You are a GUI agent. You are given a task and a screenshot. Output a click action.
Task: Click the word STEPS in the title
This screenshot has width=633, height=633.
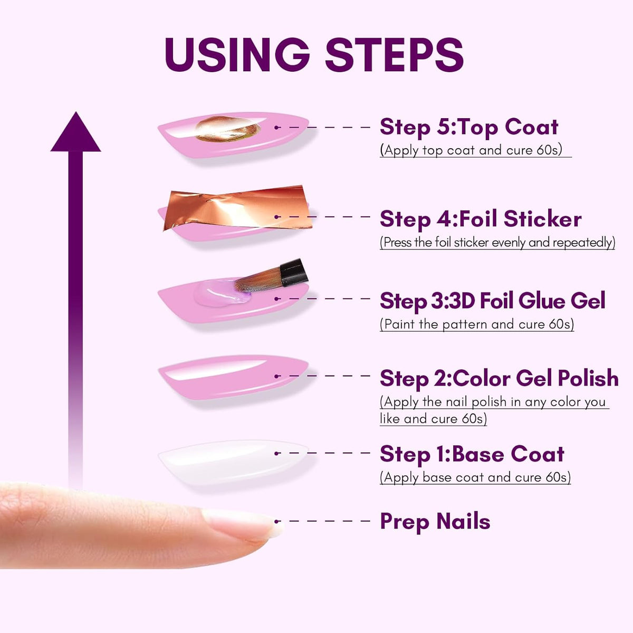click(394, 54)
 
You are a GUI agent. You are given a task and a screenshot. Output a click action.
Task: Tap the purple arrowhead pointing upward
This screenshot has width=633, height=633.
click(75, 132)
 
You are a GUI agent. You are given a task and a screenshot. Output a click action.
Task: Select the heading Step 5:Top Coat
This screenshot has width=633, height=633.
click(469, 128)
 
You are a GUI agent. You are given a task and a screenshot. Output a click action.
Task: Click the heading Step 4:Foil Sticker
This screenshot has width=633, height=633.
click(481, 219)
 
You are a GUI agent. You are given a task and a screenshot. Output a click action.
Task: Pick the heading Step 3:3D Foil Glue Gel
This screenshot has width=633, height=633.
click(492, 301)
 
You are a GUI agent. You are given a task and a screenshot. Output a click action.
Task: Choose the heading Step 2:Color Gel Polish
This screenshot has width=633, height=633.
click(499, 378)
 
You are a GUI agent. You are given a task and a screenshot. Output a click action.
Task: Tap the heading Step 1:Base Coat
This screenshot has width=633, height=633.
click(472, 454)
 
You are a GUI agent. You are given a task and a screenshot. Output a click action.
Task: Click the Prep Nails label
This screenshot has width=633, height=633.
click(435, 523)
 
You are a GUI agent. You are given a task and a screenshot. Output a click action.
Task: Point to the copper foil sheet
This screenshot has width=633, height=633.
click(237, 208)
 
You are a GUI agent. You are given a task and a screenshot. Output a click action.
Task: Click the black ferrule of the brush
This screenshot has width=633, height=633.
click(294, 272)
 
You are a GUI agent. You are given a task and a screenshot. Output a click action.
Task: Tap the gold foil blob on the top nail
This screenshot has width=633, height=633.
click(228, 129)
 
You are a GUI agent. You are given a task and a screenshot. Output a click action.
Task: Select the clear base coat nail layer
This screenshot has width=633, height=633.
click(233, 462)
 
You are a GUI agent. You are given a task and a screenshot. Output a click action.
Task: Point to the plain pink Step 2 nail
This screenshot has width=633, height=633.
click(233, 377)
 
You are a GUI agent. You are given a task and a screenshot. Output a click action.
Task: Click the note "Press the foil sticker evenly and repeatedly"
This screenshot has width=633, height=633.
click(497, 243)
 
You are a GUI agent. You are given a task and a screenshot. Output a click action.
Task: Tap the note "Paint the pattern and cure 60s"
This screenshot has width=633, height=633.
click(477, 324)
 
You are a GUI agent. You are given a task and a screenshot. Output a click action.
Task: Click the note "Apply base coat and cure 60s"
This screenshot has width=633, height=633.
click(475, 477)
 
